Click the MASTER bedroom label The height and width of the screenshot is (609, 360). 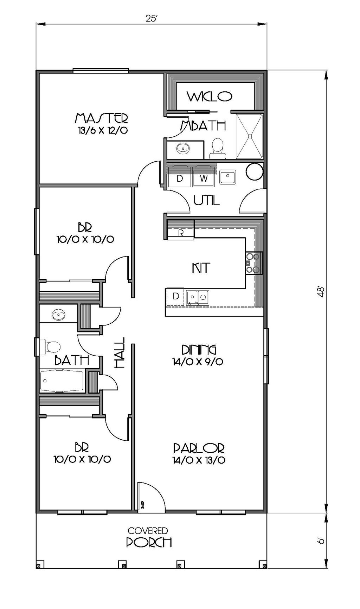[102, 118]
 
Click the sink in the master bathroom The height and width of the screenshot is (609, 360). [183, 149]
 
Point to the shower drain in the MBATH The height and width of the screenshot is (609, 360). [250, 136]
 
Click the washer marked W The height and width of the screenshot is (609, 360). [204, 178]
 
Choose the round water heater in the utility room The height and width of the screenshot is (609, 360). [254, 171]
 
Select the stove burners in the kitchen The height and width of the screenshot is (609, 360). [254, 263]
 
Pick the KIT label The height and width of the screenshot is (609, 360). [201, 268]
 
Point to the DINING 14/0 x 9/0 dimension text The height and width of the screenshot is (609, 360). [198, 361]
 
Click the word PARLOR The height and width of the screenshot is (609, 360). [199, 448]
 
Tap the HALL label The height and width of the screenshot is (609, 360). [120, 352]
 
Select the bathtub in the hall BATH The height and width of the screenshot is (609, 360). [62, 381]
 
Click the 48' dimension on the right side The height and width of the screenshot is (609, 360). [320, 292]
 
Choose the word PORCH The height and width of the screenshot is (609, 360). [149, 542]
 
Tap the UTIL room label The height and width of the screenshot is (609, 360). [207, 200]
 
